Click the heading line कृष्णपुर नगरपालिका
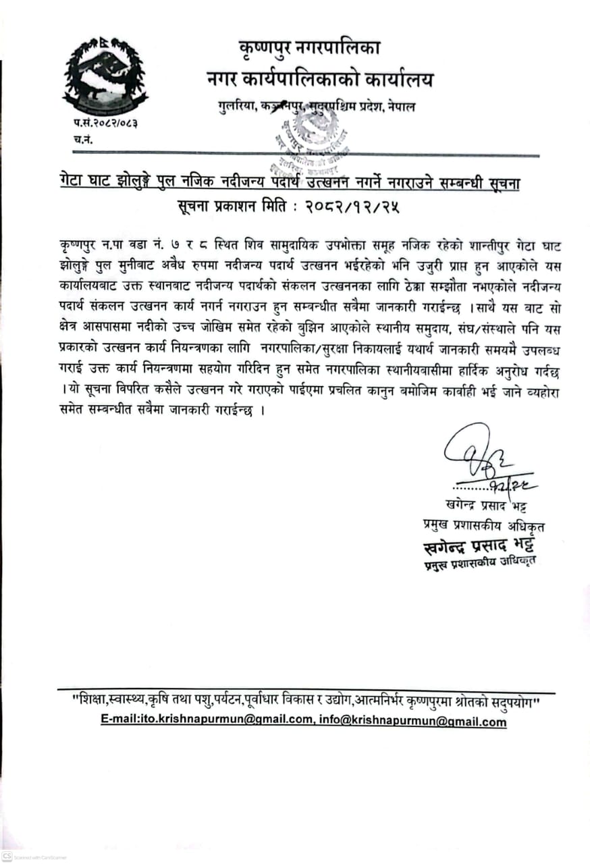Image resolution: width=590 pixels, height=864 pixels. tap(310, 49)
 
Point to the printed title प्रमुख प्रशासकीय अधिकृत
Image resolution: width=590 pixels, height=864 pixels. tap(479, 525)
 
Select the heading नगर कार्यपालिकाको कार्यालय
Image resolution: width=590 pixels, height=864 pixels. tap(320, 79)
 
